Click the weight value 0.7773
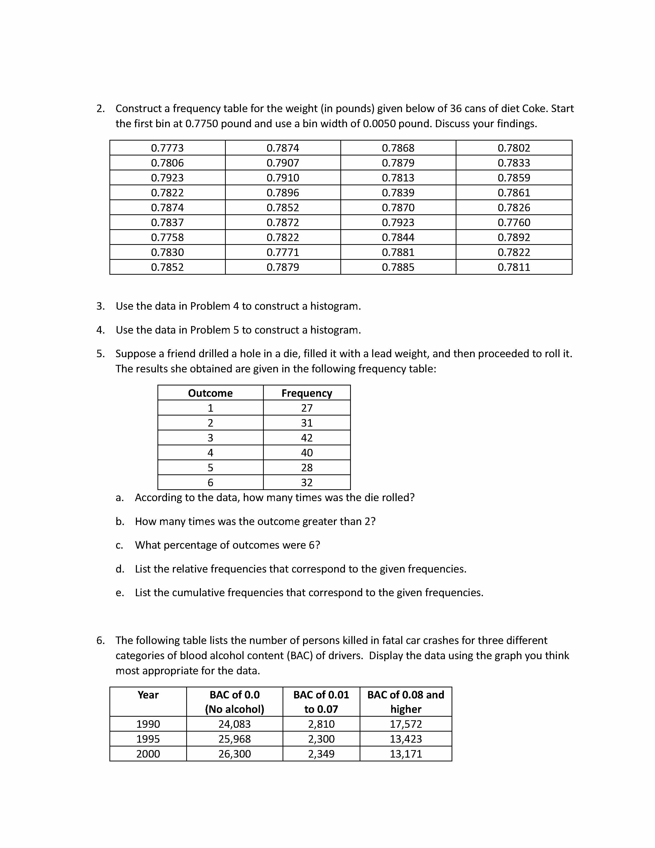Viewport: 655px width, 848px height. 167,148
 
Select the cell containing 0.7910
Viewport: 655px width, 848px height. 283,178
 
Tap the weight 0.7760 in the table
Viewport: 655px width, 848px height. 514,223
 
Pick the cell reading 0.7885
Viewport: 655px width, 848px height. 398,267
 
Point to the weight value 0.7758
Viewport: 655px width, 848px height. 167,237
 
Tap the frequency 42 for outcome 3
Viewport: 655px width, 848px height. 306,438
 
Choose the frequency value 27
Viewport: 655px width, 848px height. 306,408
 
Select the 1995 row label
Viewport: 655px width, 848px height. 148,739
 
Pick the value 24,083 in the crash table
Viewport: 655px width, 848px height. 234,724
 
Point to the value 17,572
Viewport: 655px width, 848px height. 406,724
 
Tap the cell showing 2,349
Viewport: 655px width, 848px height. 321,754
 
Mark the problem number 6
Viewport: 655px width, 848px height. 100,640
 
